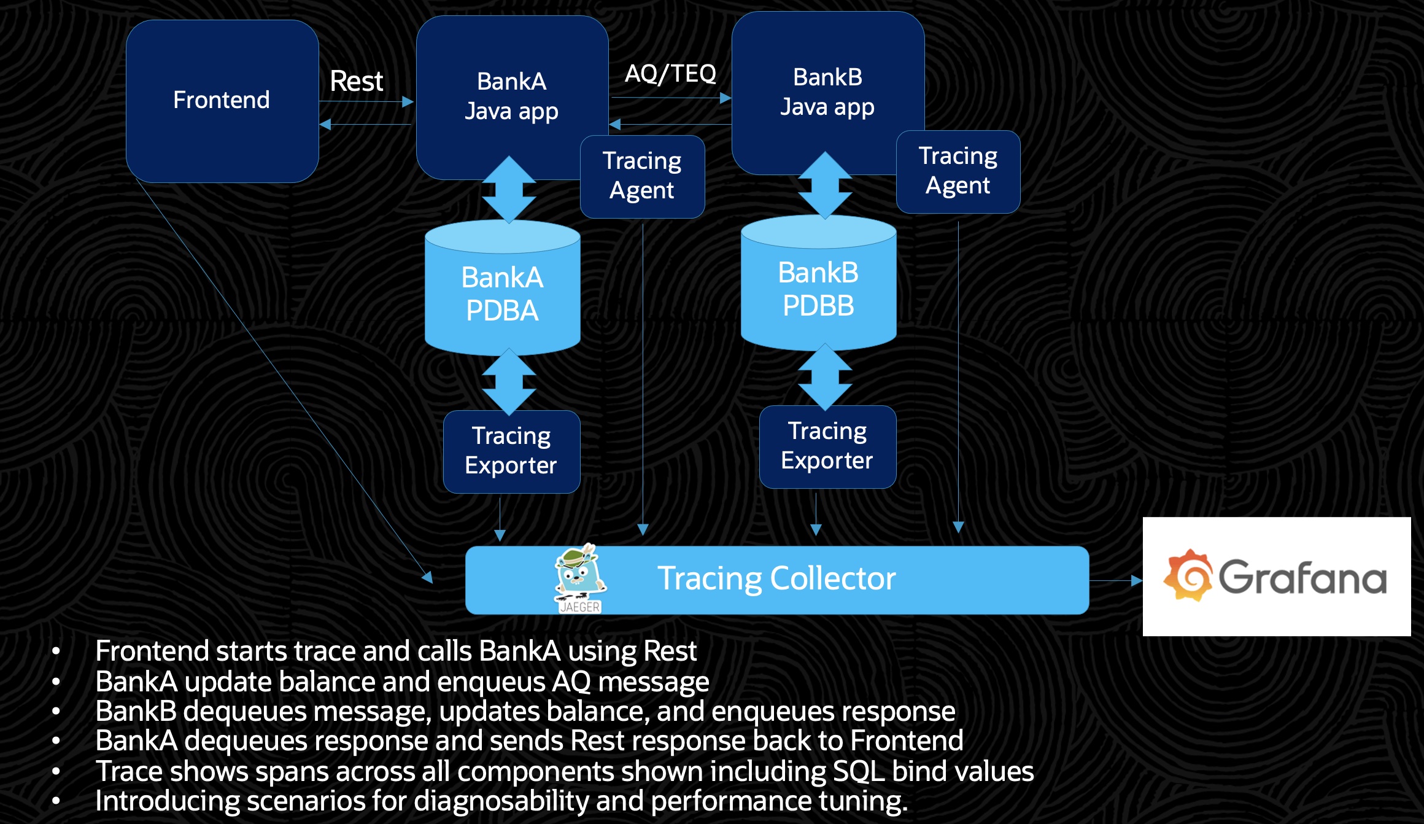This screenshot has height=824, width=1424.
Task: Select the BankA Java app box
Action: [511, 96]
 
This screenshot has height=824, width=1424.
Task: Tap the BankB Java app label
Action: [827, 92]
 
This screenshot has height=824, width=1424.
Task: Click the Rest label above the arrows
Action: [356, 81]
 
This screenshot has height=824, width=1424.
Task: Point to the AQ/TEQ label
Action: [670, 74]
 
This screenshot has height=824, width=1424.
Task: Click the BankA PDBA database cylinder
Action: [502, 293]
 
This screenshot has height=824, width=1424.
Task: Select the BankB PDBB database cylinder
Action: [818, 289]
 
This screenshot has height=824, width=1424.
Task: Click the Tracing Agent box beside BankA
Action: [642, 176]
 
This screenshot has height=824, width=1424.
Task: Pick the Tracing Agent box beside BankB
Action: [958, 171]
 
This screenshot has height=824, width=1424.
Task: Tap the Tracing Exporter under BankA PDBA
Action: [511, 451]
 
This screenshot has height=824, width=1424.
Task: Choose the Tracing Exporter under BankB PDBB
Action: [827, 446]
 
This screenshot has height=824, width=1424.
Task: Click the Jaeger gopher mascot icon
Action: [579, 577]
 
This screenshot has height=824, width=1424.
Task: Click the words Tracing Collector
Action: [776, 578]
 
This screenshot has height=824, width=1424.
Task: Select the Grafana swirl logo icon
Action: [1188, 576]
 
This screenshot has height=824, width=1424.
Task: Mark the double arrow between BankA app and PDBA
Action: [509, 189]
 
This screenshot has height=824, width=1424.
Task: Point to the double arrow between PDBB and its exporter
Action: [825, 376]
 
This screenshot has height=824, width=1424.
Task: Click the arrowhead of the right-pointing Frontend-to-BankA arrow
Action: [408, 102]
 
